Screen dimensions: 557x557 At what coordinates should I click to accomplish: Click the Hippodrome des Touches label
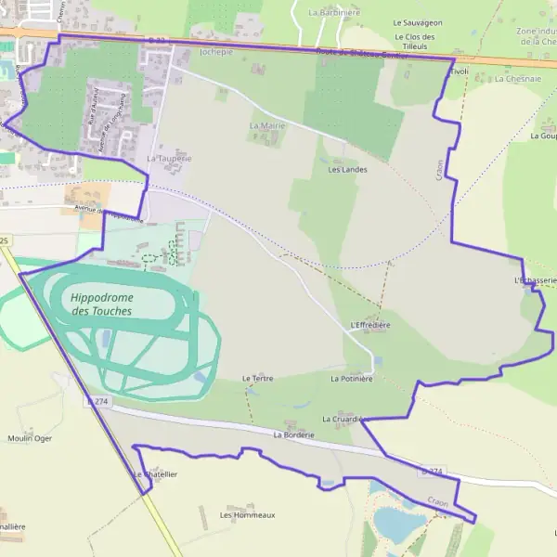101,304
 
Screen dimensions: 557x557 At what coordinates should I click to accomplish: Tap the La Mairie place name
267,124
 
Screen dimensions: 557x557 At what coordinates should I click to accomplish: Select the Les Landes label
347,170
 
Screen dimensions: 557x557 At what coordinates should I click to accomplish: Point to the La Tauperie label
169,159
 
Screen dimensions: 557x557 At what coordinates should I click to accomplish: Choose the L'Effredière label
370,326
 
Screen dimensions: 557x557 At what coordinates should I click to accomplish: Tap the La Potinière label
351,379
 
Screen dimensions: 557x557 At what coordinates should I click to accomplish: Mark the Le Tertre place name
257,379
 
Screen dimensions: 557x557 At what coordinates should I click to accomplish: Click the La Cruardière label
341,420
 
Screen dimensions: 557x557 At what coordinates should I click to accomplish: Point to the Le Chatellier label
155,474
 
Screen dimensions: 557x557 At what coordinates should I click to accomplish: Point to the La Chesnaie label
518,79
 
